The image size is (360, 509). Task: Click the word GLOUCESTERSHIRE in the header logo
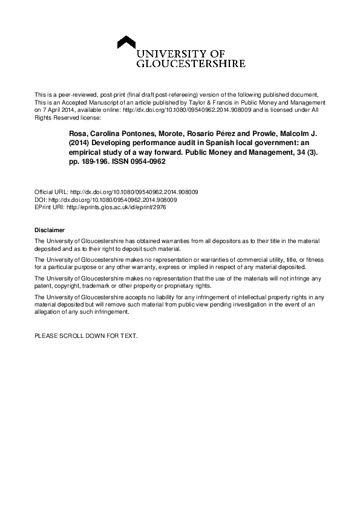(x=191, y=63)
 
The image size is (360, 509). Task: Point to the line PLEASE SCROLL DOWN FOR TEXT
(x=86, y=335)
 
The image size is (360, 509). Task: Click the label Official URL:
(x=52, y=192)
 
